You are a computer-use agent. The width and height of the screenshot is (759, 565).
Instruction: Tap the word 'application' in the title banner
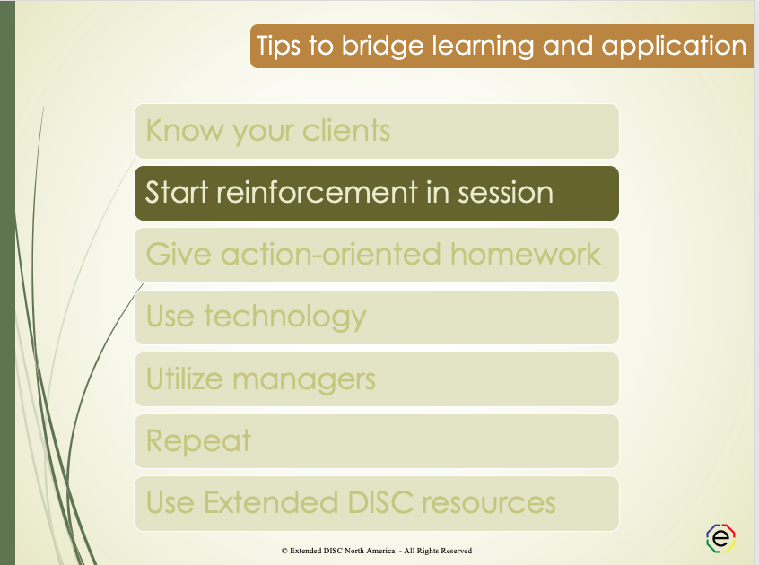(674, 46)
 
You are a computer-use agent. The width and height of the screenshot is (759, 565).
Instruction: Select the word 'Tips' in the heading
(279, 46)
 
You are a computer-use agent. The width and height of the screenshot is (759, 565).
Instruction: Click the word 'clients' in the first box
(334, 131)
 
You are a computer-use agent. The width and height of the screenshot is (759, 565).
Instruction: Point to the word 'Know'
(184, 131)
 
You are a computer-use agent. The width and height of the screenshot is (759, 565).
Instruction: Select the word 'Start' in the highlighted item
(177, 193)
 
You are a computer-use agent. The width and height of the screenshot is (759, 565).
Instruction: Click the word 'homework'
(525, 255)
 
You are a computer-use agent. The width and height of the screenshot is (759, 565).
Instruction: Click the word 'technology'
(285, 317)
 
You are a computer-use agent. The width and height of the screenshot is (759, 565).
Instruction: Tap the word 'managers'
(304, 378)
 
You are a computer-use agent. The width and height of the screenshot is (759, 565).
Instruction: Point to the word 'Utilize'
(185, 378)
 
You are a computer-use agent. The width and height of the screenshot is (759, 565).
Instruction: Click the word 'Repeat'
(198, 441)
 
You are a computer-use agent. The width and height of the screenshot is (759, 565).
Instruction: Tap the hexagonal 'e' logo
(721, 537)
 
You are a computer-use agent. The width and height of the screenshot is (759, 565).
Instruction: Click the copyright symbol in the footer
(284, 551)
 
